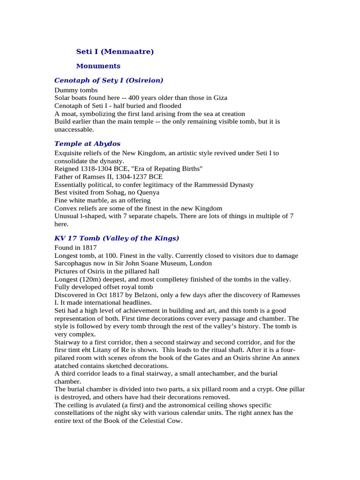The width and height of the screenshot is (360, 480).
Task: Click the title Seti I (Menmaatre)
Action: point(115,52)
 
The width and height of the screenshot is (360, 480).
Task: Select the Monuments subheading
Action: point(98,66)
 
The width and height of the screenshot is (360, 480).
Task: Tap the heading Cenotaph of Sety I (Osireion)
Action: point(109,81)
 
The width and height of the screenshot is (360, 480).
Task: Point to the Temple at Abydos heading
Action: point(87,143)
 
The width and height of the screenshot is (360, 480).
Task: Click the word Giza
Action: point(219,98)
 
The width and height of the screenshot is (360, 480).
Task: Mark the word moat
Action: point(69,114)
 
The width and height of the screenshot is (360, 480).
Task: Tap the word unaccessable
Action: point(74,129)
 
